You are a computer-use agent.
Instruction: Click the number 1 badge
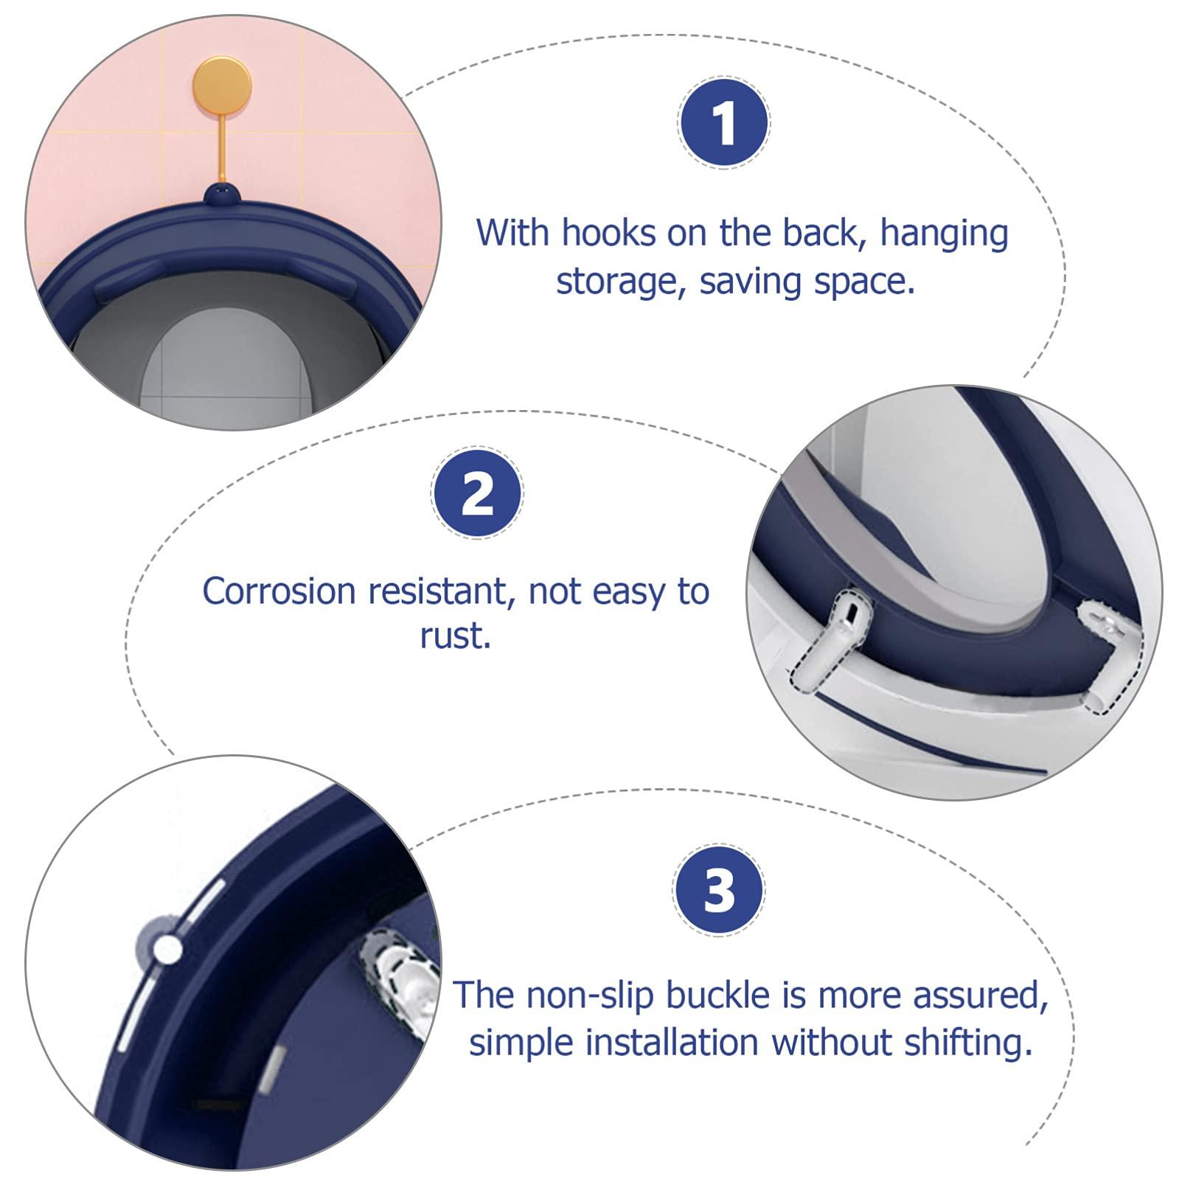point(723,122)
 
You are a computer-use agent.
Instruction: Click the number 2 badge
point(477,493)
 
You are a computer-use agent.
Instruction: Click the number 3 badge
point(719,890)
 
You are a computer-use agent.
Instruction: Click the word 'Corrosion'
point(279,591)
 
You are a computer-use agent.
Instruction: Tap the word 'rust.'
point(455,636)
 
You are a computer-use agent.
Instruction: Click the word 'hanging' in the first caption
point(944,233)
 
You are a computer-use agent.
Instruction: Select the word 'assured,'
point(980,995)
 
